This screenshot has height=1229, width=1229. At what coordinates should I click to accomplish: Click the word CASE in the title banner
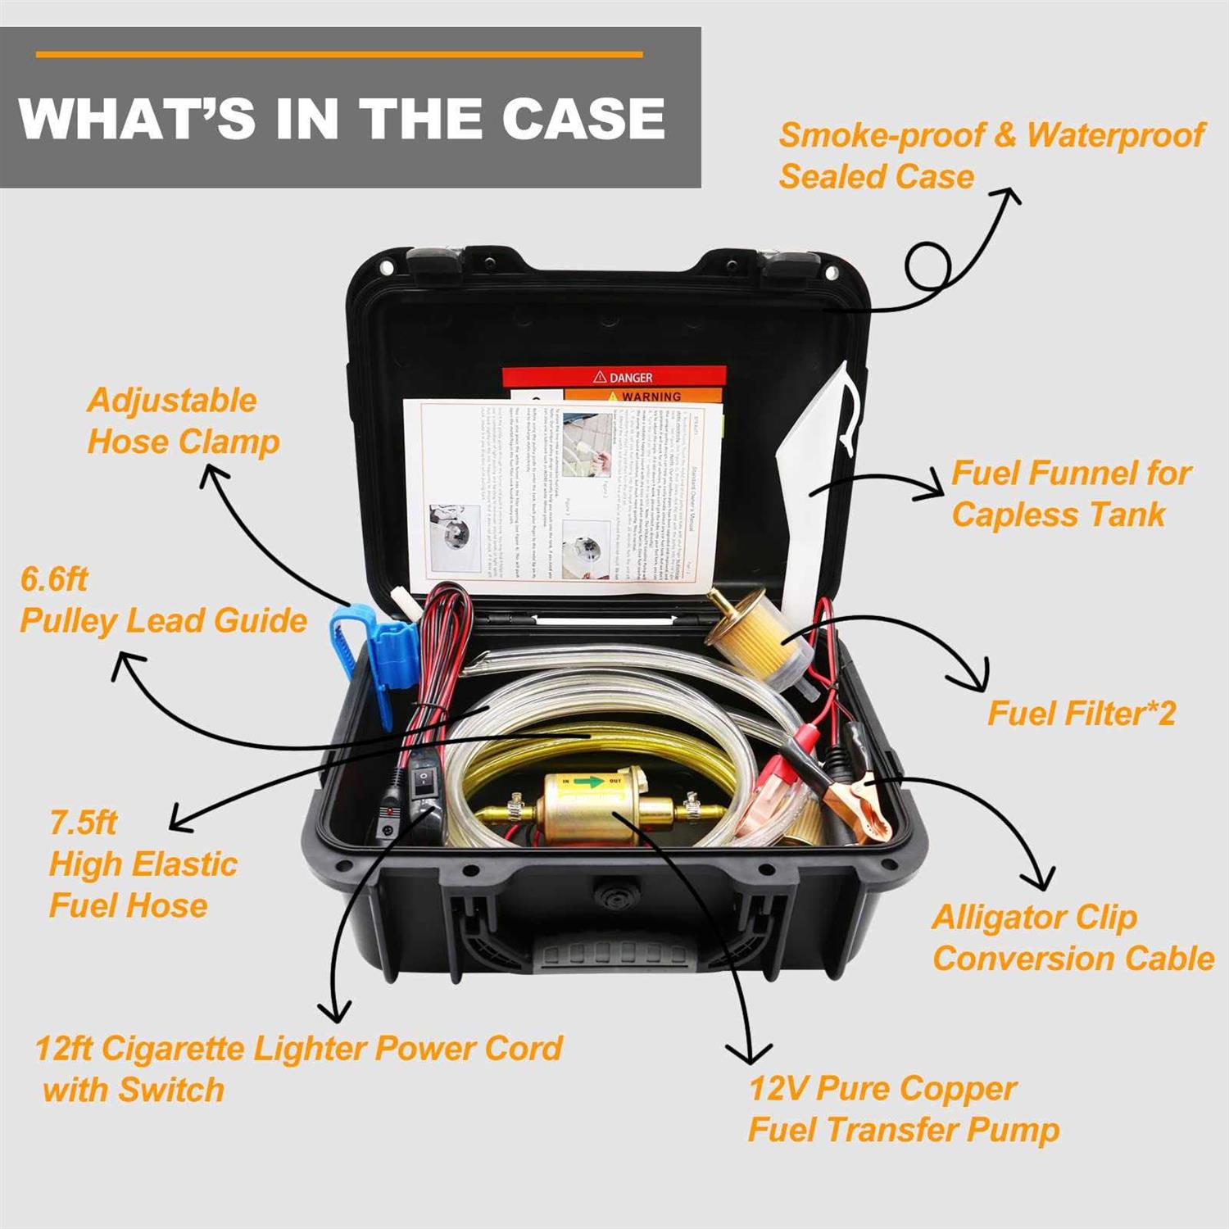[x=583, y=118]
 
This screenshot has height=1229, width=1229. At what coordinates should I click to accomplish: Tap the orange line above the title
[x=339, y=55]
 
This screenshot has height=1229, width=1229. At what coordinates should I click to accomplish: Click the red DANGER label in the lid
[x=614, y=377]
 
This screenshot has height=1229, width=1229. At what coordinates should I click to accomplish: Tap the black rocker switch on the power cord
[x=424, y=778]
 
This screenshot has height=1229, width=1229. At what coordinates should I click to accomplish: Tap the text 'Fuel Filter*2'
[x=1082, y=713]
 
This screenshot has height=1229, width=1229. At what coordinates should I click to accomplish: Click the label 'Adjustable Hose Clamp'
[x=183, y=421]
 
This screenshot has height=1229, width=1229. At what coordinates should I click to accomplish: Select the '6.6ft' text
[x=54, y=579]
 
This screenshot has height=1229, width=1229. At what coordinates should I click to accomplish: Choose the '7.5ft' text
[x=84, y=822]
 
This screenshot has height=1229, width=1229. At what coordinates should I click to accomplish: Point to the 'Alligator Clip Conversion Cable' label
[x=1073, y=937]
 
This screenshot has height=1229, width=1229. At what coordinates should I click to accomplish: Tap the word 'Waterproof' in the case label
[x=1115, y=135]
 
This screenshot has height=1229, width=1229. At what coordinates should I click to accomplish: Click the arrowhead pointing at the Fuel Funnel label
[x=934, y=489]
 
